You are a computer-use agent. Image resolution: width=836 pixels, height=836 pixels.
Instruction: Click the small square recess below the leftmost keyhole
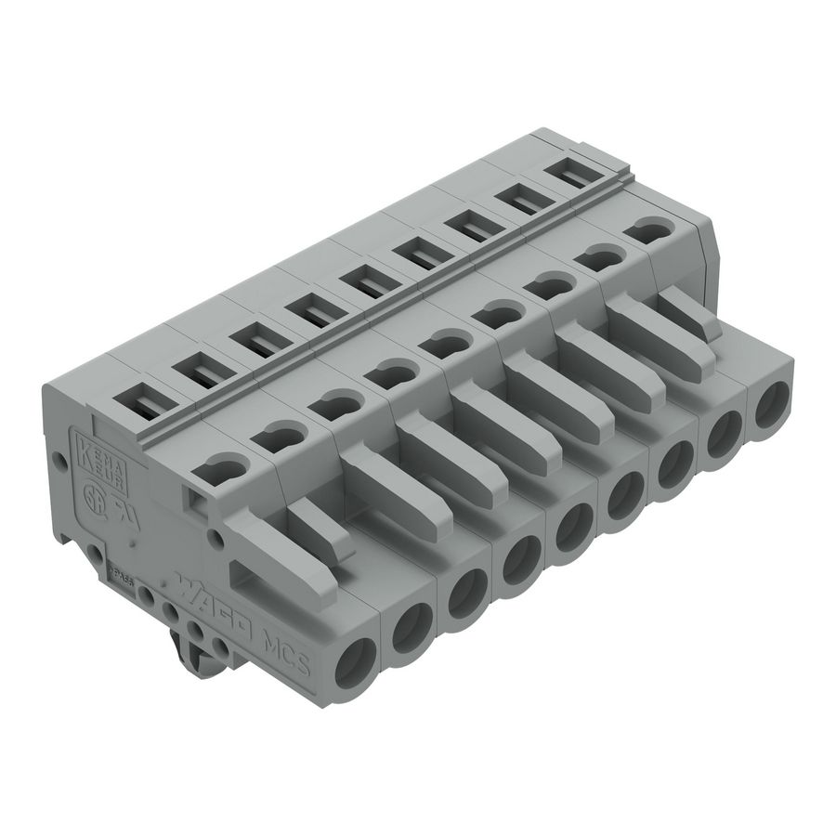[197, 502]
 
